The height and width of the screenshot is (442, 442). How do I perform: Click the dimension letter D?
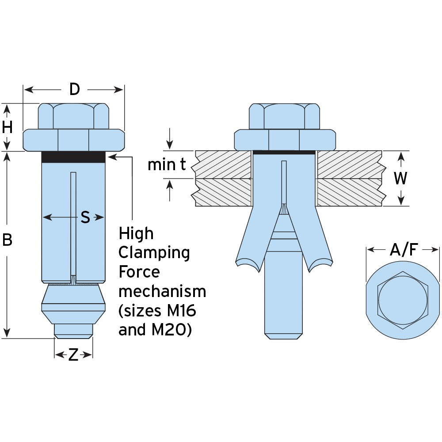pos(74,89)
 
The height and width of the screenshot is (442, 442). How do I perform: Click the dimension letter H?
pos(8,127)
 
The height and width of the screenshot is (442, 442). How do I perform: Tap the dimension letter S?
pos(85,217)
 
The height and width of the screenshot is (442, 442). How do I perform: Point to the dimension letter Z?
pos(73,355)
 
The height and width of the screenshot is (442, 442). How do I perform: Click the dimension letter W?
pos(400,178)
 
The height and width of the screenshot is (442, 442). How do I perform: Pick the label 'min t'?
pos(167,165)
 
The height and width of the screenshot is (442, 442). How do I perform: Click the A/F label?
pos(403,250)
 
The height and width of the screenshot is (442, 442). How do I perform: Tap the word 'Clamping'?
pos(154,253)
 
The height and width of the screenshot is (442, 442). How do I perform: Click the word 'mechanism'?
pos(162,292)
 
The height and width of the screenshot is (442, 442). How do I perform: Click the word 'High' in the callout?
pos(136,233)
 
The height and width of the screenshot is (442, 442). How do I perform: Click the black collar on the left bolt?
pos(73,157)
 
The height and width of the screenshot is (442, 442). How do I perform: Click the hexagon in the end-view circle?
pos(403,301)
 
